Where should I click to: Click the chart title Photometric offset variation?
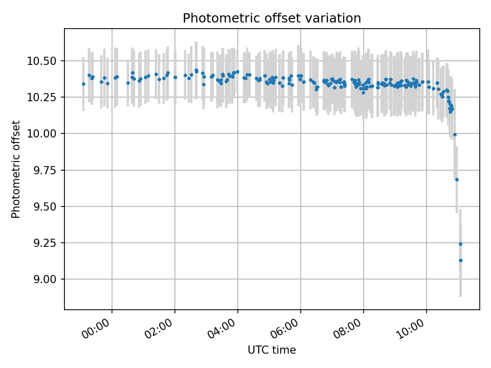pyautogui.click(x=272, y=18)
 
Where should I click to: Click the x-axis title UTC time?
pyautogui.click(x=272, y=350)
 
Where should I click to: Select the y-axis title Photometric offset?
pyautogui.click(x=16, y=169)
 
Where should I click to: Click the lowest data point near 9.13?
pyautogui.click(x=460, y=260)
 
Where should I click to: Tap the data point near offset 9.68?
pyautogui.click(x=457, y=179)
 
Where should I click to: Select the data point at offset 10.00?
pyautogui.click(x=455, y=134)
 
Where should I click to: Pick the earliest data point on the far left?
pyautogui.click(x=83, y=84)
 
